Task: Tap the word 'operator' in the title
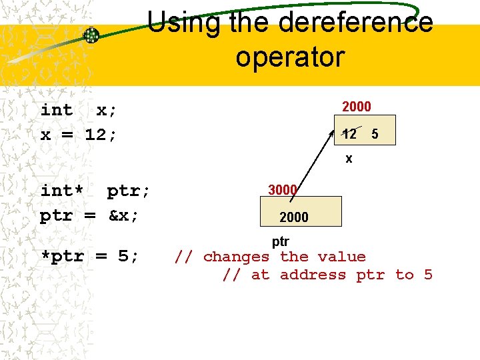coord(289,57)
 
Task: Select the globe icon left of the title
coord(91,35)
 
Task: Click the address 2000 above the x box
coord(356,107)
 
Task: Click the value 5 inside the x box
coord(375,134)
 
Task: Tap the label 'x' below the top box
coord(349,159)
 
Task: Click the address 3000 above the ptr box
coord(282,190)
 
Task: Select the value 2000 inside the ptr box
coord(294,217)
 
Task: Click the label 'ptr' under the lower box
coord(280,241)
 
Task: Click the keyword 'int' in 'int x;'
coord(57,110)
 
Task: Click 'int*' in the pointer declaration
coord(62,191)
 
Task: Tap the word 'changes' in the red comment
coord(236,257)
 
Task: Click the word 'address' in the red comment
coord(313,275)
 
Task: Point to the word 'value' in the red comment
coord(341,257)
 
